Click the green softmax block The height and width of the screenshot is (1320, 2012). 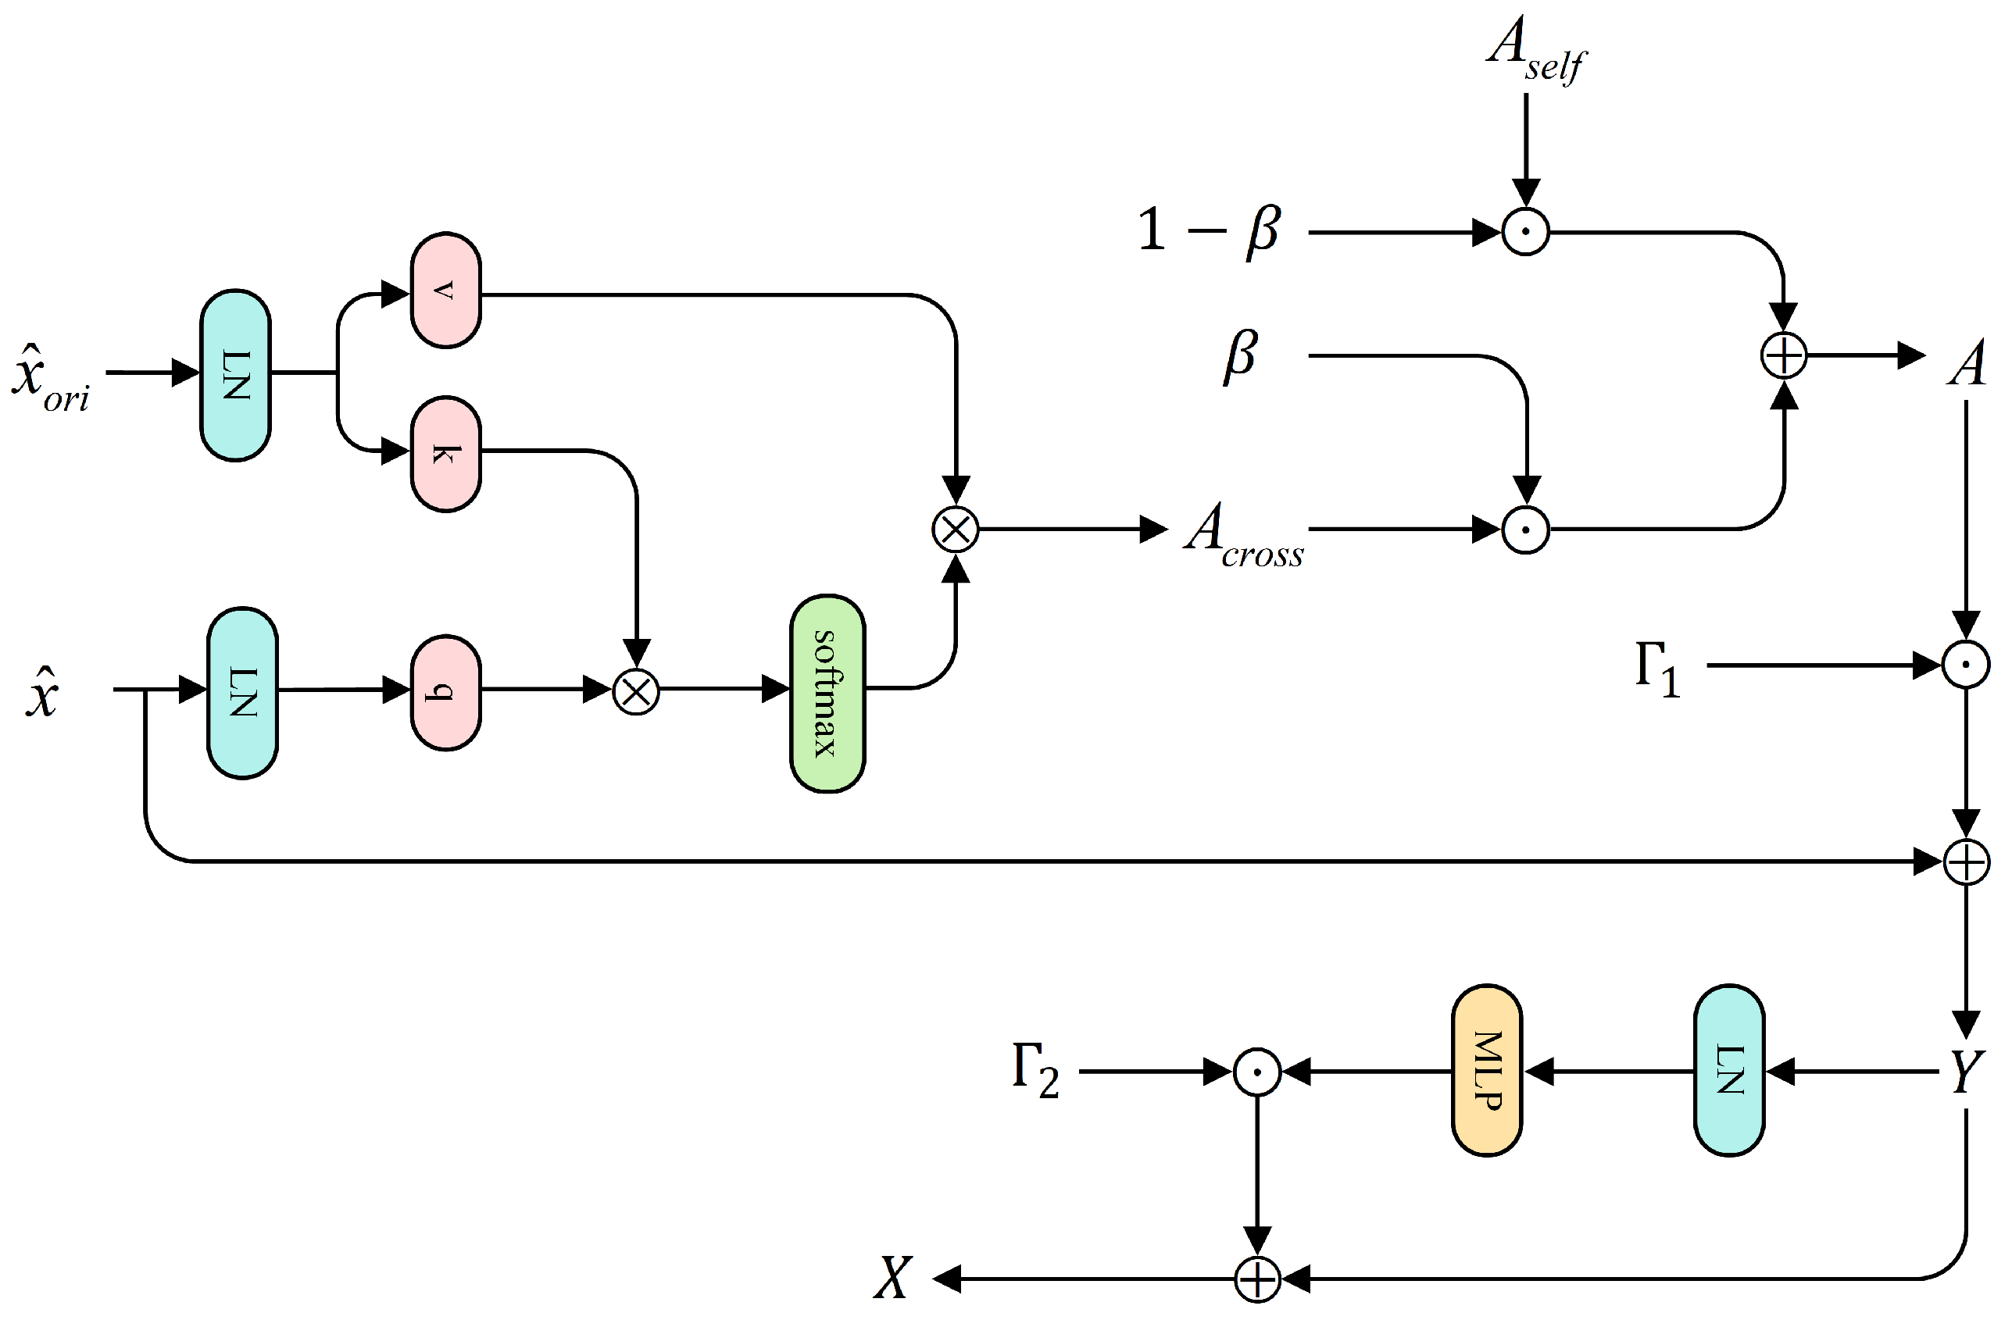tap(827, 694)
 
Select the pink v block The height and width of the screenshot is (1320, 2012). tap(445, 290)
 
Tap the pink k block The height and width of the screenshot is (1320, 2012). tap(445, 454)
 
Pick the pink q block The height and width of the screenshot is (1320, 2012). tap(445, 692)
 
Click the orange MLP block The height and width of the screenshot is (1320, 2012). tap(1486, 1070)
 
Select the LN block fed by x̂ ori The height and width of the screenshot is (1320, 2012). tap(235, 375)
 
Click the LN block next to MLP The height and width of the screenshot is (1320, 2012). tap(1729, 1070)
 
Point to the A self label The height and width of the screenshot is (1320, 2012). tap(1535, 49)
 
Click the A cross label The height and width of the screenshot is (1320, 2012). tap(1242, 534)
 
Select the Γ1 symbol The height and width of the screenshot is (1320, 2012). tap(1657, 669)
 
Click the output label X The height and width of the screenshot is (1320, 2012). tap(893, 1277)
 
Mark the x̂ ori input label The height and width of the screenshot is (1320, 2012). tap(51, 378)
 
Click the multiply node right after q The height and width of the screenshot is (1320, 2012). tap(636, 692)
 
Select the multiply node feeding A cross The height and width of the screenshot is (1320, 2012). tap(956, 530)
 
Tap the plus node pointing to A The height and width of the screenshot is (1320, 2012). tap(1784, 355)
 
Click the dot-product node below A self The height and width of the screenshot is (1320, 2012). tap(1526, 231)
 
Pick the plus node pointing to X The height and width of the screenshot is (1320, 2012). tap(1257, 1279)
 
